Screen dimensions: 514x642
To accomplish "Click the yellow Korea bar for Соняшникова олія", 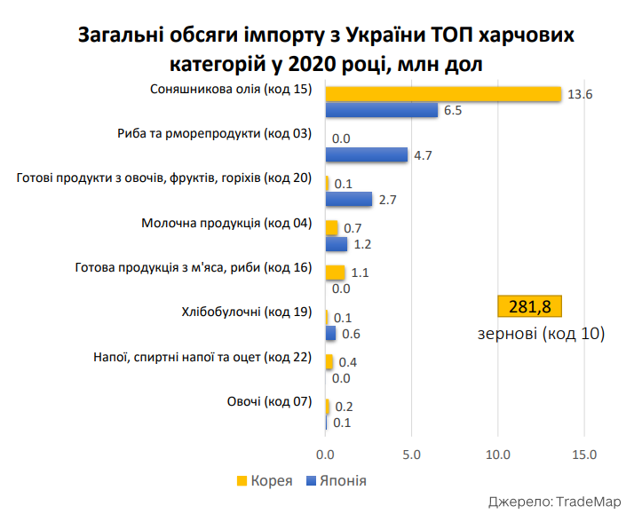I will tap(443, 94).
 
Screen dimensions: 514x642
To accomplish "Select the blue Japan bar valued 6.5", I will tap(382, 110).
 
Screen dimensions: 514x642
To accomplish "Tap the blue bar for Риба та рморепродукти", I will tap(367, 154).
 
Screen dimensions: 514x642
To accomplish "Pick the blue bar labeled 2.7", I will tap(349, 199).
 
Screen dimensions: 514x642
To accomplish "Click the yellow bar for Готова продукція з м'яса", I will tap(335, 273).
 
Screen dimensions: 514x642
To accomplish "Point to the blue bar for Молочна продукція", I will tap(337, 244).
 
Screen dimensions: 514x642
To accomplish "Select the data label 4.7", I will tap(423, 155).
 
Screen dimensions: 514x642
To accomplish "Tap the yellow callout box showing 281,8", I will tap(529, 307).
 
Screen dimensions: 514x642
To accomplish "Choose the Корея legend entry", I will tap(265, 480).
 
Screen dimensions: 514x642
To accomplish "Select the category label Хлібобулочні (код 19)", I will tap(246, 312).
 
